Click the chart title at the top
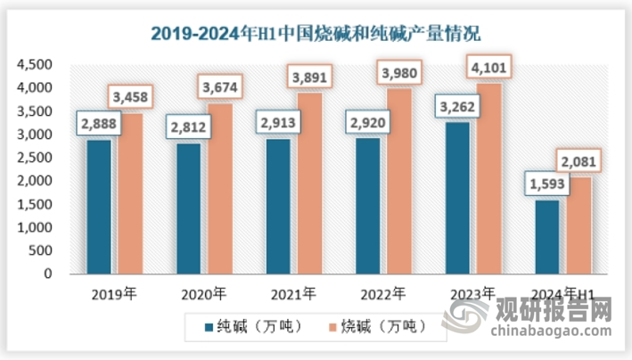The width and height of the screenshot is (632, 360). tap(315, 35)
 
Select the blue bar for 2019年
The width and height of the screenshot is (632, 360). tap(99, 207)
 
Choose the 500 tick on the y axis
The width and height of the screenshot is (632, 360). tap(42, 251)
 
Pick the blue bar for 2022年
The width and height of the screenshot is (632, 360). tap(368, 206)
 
